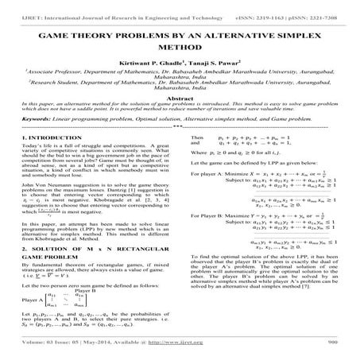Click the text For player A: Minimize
219,192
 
